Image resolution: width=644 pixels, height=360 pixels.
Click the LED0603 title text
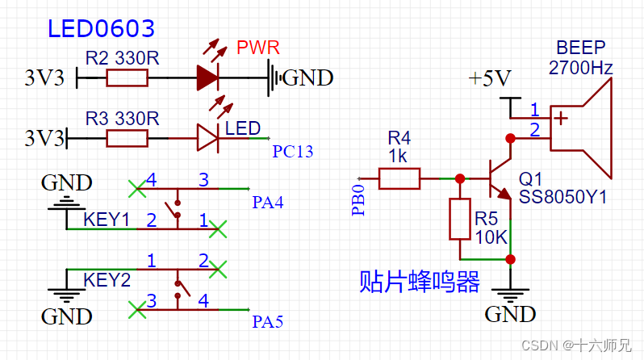point(101,29)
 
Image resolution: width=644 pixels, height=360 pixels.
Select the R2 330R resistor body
point(127,77)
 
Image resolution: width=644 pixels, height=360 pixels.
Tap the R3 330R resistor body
point(127,138)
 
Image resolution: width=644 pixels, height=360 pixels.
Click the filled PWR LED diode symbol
point(207,77)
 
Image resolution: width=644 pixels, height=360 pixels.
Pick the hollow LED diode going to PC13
point(207,138)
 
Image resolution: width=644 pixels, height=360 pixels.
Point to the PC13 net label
point(292,151)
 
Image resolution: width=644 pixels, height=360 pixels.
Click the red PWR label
point(257,48)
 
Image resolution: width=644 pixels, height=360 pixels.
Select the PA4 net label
point(268,202)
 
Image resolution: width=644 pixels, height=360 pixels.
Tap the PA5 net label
point(268,323)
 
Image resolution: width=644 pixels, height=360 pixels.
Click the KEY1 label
point(107,220)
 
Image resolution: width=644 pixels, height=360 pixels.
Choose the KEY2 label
point(107,280)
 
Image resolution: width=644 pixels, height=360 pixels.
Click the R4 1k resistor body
point(399,178)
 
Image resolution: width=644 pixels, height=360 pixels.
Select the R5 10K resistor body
point(459,218)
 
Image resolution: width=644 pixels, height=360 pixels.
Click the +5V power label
point(491,78)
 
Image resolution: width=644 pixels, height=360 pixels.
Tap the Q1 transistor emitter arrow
point(504,194)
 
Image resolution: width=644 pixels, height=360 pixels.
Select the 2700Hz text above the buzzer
point(580,68)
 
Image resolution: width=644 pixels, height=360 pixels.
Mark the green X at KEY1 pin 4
point(138,189)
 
